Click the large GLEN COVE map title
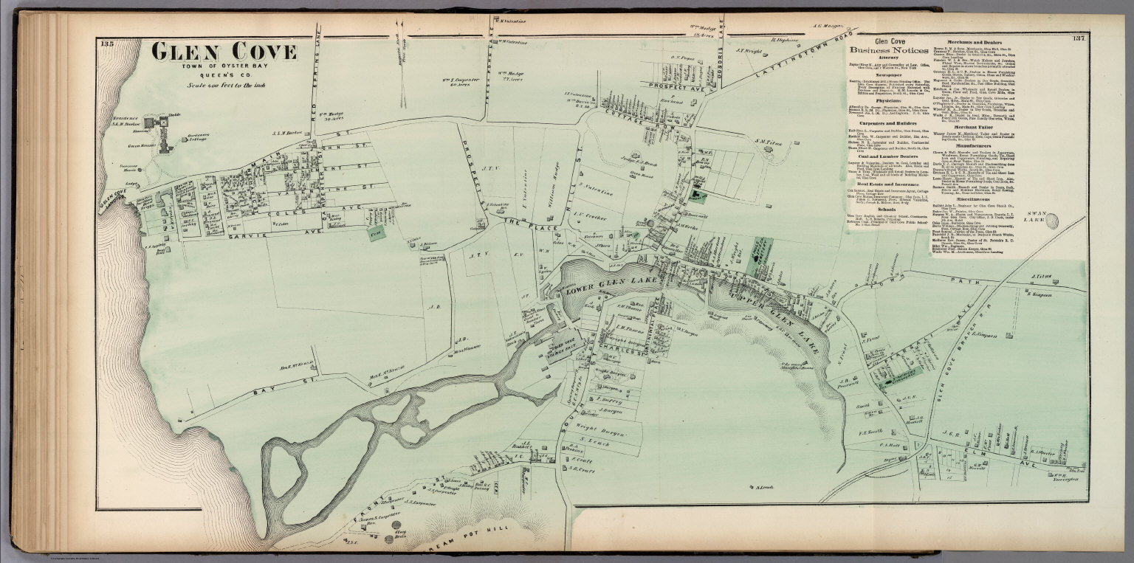click(224, 52)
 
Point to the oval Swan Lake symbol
click(1052, 221)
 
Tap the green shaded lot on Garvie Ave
click(377, 233)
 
